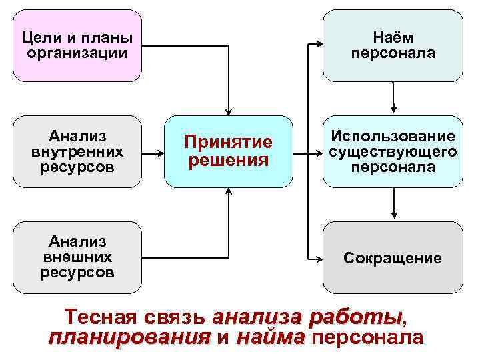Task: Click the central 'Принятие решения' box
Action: (x=229, y=151)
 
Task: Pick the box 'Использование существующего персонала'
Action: (x=393, y=151)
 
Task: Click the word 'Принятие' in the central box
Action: (x=229, y=142)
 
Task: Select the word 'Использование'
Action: (x=393, y=137)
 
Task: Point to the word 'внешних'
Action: (x=77, y=257)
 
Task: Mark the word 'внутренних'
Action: (x=77, y=152)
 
